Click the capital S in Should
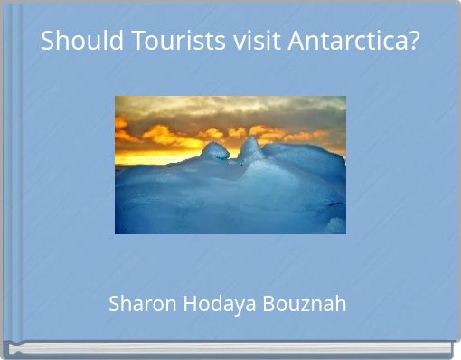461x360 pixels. tap(48, 41)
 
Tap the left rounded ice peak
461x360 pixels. tap(215, 151)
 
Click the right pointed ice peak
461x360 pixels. tap(250, 146)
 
